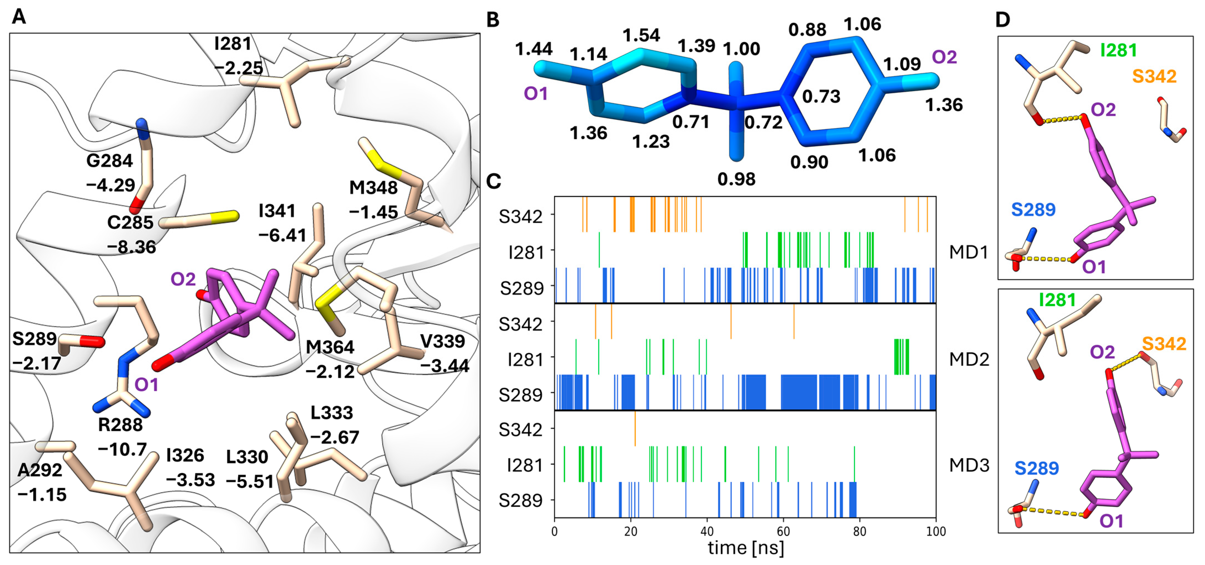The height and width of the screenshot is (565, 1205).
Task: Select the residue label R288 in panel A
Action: tap(120, 425)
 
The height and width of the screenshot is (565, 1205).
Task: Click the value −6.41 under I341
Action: tap(282, 235)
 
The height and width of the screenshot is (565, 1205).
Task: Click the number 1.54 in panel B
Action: tap(641, 35)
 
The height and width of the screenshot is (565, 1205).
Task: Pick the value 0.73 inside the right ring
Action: tap(821, 96)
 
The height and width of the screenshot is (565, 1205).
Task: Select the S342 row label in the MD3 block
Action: tap(521, 429)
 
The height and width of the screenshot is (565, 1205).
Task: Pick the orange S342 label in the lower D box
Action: tap(1164, 344)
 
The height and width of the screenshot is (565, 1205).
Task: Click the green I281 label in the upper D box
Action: tap(1119, 50)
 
